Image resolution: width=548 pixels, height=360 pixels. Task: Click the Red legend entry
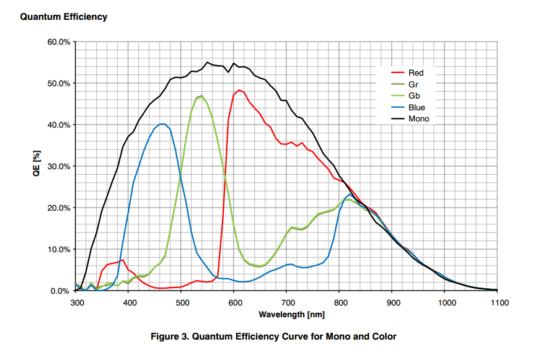[x=416, y=72]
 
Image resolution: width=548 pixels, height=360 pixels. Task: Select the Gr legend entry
[x=413, y=84]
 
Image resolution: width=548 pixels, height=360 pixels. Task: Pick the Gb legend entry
[x=414, y=95]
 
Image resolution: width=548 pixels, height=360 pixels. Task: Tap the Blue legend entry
[x=417, y=107]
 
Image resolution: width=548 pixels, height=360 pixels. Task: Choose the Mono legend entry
[x=418, y=118]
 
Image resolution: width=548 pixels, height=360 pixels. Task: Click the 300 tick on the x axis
[x=77, y=303]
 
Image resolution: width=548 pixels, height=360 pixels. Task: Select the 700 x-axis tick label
[x=288, y=303]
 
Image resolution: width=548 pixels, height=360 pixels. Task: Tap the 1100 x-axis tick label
[x=498, y=303]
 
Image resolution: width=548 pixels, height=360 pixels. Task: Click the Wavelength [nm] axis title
[x=287, y=315]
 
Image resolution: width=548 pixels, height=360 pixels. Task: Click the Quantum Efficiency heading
[x=63, y=17]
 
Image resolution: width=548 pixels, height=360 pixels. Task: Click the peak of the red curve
[x=239, y=90]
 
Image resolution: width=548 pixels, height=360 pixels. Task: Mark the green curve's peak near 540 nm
[x=201, y=96]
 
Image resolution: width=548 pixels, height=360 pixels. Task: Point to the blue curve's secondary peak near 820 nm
[x=350, y=195]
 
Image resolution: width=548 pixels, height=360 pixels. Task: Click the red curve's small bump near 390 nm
[x=123, y=260]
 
